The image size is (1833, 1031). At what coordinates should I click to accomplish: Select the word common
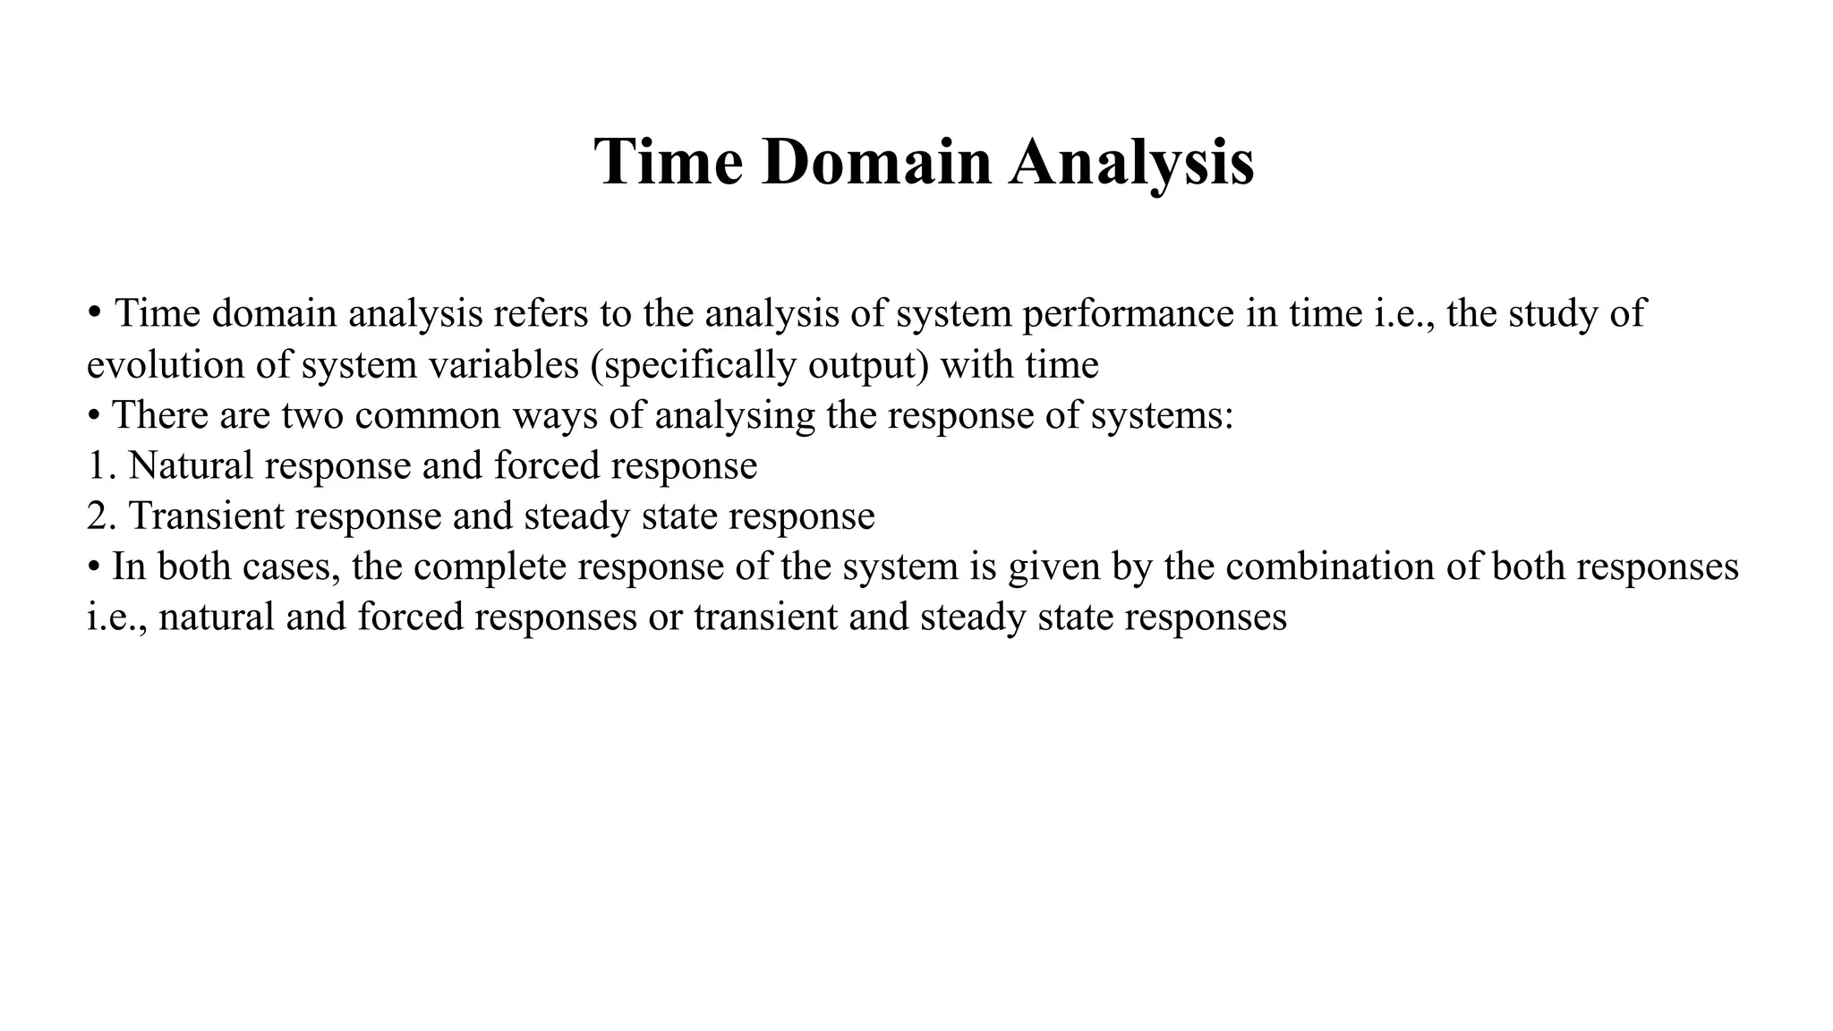(x=429, y=416)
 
